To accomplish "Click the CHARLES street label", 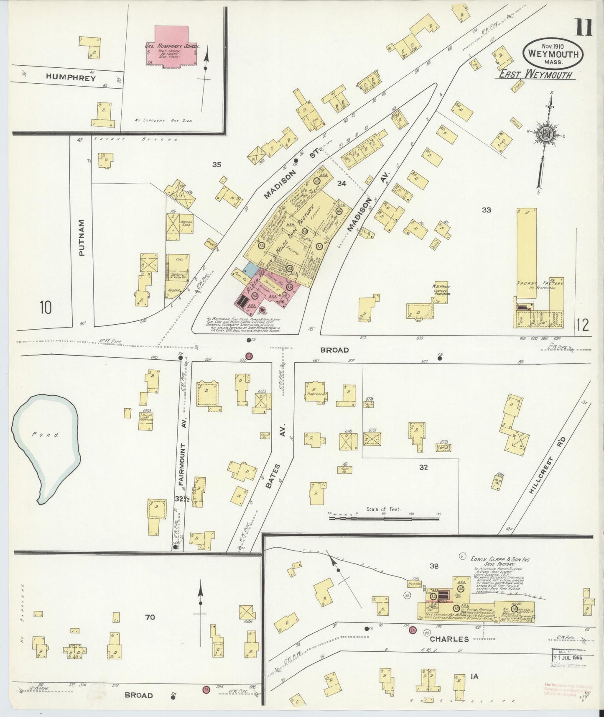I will (x=450, y=639).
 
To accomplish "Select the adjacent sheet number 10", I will (x=46, y=308).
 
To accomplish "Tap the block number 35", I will (x=216, y=165).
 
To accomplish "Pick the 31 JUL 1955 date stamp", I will (x=568, y=657).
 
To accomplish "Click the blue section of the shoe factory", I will (x=250, y=270).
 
